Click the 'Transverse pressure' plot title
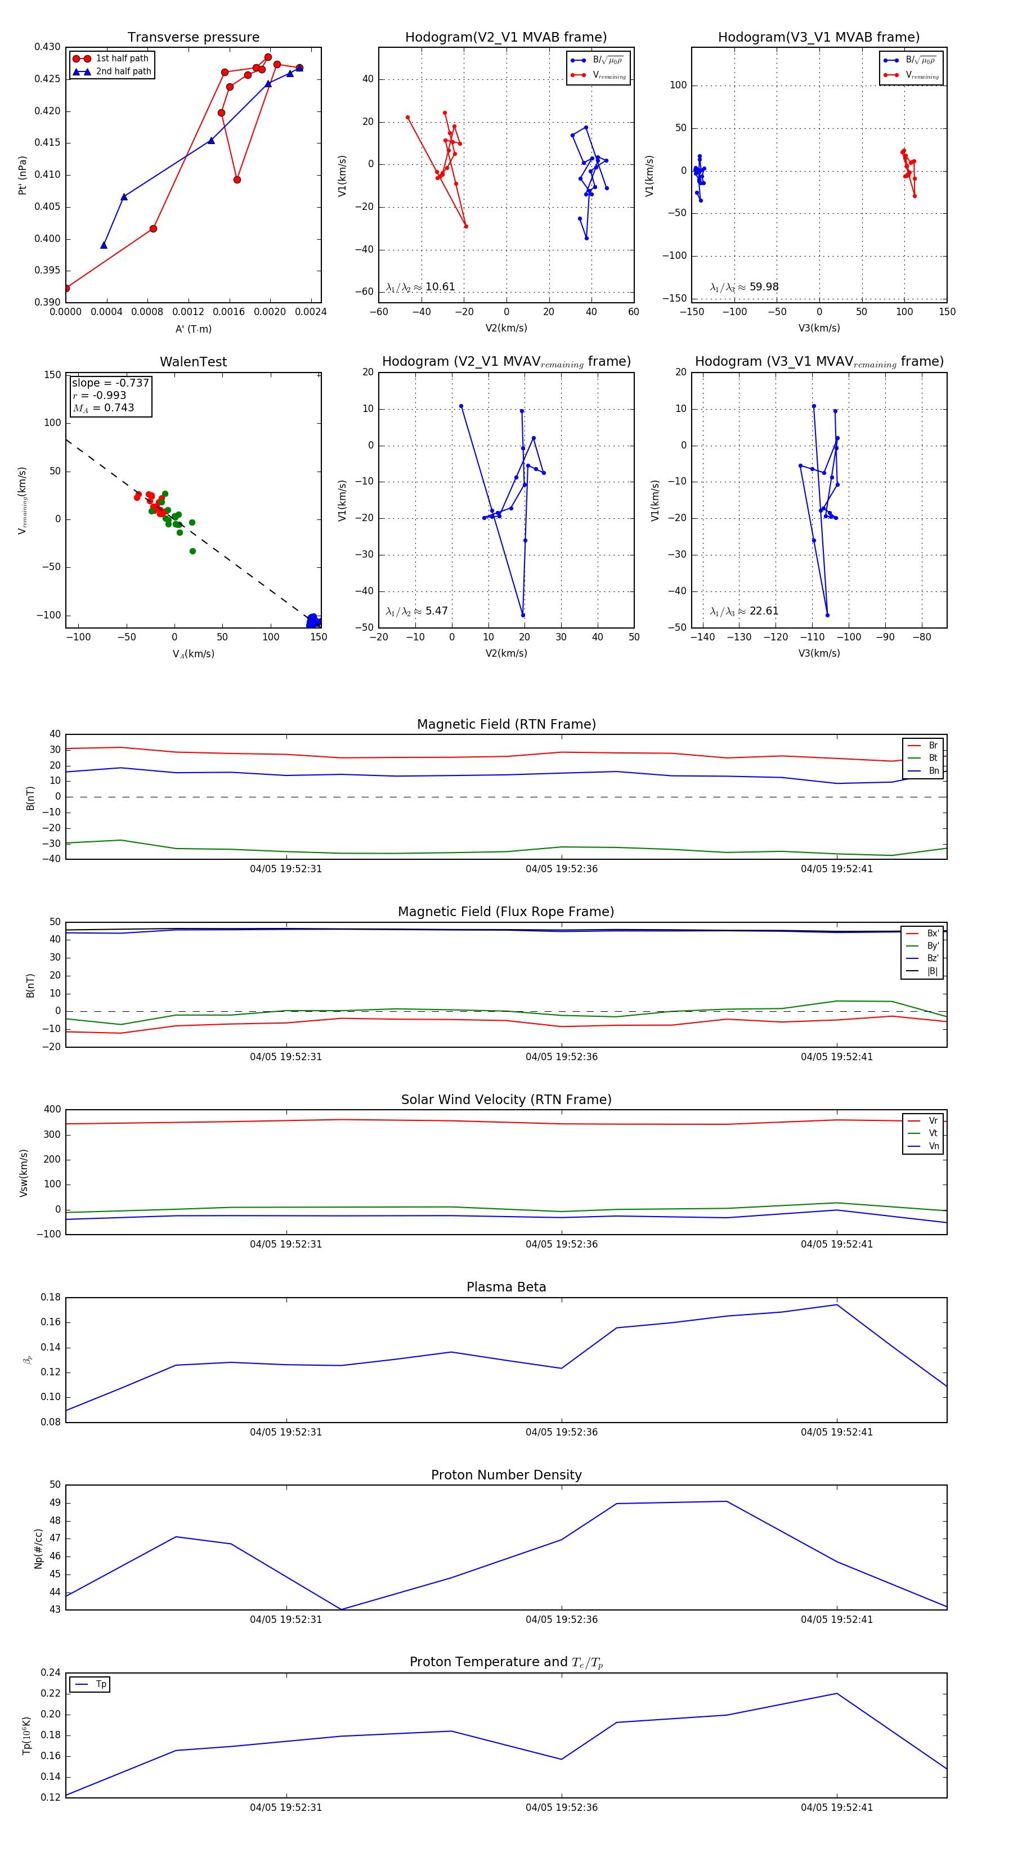(x=193, y=38)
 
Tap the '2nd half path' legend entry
(x=123, y=71)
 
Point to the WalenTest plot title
(x=193, y=362)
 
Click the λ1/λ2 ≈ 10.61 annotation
(x=420, y=287)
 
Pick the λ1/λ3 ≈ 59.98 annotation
(x=744, y=287)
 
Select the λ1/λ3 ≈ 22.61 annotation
(x=744, y=611)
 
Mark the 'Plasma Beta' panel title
(x=506, y=1287)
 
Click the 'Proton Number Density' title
(x=506, y=1475)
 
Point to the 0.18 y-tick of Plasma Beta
(x=51, y=1298)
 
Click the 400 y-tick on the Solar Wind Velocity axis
(x=52, y=1110)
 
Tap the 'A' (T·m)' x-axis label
(x=193, y=329)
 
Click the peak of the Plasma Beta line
(x=836, y=1305)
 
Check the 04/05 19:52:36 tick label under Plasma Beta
(x=561, y=1432)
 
